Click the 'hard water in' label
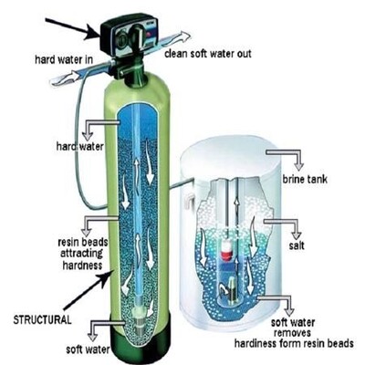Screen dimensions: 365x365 (x=64, y=59)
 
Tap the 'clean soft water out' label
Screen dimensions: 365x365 (x=208, y=54)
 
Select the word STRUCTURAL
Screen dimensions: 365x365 (x=42, y=319)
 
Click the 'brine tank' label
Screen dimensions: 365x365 (x=305, y=179)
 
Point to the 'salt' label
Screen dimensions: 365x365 (x=297, y=245)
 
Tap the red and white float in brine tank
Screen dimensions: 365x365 (x=226, y=251)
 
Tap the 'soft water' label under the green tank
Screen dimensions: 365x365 (x=88, y=349)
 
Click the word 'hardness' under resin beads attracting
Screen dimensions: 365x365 (x=82, y=265)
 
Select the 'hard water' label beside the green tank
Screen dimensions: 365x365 (x=80, y=146)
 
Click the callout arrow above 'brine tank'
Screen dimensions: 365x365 (x=285, y=159)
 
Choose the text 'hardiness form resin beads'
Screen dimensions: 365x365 (x=294, y=343)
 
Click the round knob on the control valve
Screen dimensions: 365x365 (x=137, y=36)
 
